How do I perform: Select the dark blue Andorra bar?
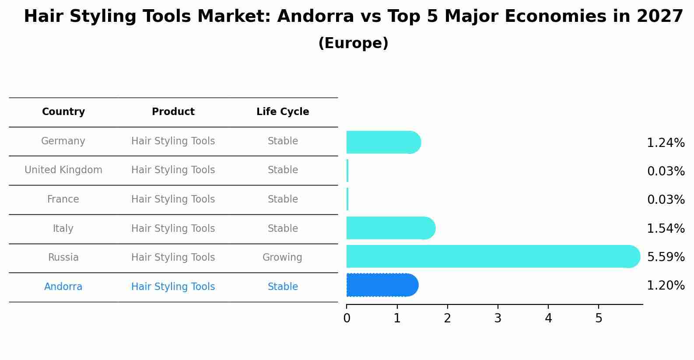point(382,285)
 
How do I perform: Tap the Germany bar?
point(383,142)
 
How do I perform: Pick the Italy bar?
point(390,228)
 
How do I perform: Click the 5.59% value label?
point(666,257)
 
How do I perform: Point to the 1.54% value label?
point(666,228)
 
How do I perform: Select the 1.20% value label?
point(666,286)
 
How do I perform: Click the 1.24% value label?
point(666,143)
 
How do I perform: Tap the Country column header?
point(63,112)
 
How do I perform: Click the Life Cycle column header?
point(283,112)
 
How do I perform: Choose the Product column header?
point(173,112)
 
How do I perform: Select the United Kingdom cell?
point(63,170)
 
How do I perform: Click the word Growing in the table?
point(282,258)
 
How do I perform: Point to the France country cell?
point(63,199)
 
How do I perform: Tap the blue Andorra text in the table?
point(63,287)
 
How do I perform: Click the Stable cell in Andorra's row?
point(283,287)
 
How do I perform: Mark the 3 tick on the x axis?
point(498,318)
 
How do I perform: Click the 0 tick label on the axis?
point(347,318)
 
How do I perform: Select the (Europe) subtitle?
point(353,43)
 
